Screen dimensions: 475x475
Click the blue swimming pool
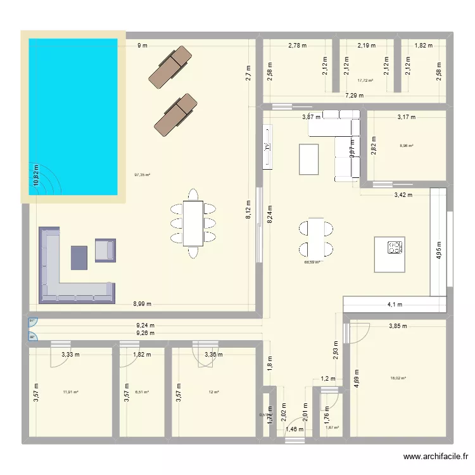(x=73, y=117)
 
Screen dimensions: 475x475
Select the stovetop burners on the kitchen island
(x=396, y=247)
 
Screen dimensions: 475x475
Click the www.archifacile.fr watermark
(x=435, y=457)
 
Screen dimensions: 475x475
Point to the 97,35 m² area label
(x=142, y=175)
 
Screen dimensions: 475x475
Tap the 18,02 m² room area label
(x=398, y=378)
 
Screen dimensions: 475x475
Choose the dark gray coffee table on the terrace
(x=79, y=257)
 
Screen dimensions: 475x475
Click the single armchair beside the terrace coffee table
(x=106, y=250)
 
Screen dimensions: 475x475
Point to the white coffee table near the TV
(x=308, y=159)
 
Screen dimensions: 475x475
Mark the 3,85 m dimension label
(x=398, y=327)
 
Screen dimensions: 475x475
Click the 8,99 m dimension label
(x=142, y=305)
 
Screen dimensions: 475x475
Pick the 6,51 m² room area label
(x=141, y=392)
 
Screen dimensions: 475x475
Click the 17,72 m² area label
(x=365, y=80)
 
